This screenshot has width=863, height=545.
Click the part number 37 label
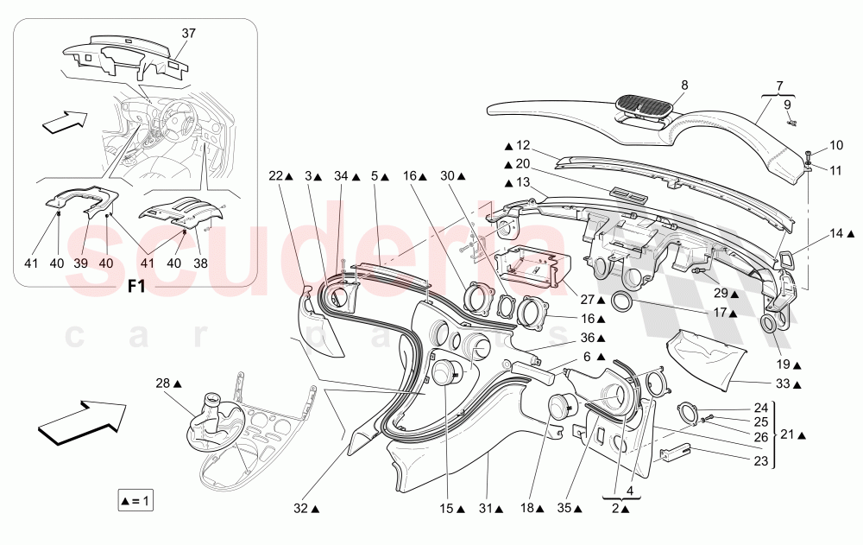[x=189, y=33]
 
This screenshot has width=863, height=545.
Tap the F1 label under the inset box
[x=136, y=287]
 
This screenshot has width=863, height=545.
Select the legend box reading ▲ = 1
[x=135, y=501]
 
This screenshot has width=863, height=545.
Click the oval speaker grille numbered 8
[x=642, y=104]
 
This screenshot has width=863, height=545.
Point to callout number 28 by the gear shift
[x=163, y=383]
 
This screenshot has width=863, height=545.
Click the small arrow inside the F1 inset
[x=65, y=122]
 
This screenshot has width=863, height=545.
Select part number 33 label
[x=783, y=383]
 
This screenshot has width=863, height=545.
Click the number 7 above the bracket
[x=779, y=86]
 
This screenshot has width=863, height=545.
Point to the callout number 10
[x=836, y=145]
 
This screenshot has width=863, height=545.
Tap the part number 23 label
[x=760, y=460]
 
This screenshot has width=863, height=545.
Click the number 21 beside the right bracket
[x=788, y=434]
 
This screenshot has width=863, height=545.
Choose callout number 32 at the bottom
[x=300, y=509]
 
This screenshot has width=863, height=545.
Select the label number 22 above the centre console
[x=276, y=176]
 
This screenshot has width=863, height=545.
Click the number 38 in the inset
[x=200, y=263]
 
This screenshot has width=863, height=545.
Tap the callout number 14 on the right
[x=836, y=234]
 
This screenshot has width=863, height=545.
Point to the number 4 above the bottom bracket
[x=630, y=491]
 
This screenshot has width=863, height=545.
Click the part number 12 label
[x=523, y=145]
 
